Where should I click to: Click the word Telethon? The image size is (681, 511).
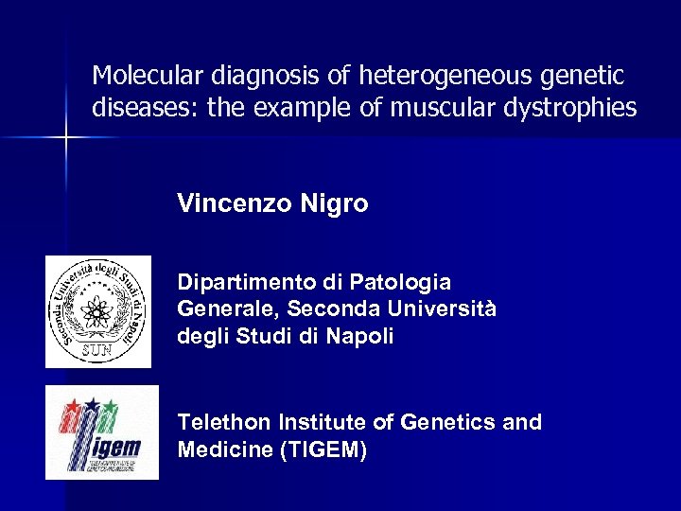click(x=224, y=422)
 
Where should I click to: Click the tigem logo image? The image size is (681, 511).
click(x=102, y=432)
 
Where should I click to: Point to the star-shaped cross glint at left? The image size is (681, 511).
click(x=66, y=138)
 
